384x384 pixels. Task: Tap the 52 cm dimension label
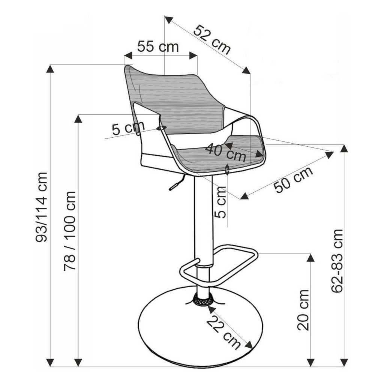click(x=212, y=40)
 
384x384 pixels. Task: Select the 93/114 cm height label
click(x=41, y=207)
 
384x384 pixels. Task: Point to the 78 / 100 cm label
click(x=69, y=231)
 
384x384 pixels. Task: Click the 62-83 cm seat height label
click(x=337, y=261)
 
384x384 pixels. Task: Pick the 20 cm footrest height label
click(x=303, y=310)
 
